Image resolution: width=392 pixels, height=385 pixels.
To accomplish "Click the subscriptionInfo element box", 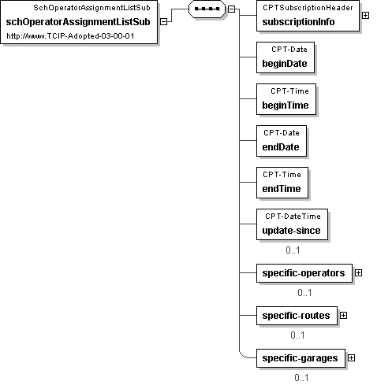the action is tap(308, 16).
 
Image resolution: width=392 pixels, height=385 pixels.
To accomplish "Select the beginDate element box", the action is tap(286, 57).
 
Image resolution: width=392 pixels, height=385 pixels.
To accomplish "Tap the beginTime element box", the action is tap(286, 99).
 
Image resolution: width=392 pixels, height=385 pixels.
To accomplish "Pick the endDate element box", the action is tap(282, 141).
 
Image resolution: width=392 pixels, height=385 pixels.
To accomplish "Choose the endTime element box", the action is tap(282, 183).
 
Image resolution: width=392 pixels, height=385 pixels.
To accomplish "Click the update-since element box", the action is tap(292, 224).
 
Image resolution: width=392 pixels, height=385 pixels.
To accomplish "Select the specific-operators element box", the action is tap(304, 273).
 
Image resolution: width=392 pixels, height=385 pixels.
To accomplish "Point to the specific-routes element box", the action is tap(297, 316).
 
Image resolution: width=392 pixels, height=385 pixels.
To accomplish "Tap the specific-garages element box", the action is tap(301, 358).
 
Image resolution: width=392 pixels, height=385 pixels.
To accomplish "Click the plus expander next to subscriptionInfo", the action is tap(365, 16).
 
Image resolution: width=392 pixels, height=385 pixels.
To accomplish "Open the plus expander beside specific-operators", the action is tap(358, 273).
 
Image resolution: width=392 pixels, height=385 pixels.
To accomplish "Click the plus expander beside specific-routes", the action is tap(343, 316).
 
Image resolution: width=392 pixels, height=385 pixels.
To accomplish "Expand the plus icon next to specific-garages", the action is tap(351, 358).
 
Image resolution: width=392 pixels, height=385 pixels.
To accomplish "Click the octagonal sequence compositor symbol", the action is tap(207, 9).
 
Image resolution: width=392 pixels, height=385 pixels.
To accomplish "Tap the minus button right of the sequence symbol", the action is tap(231, 9).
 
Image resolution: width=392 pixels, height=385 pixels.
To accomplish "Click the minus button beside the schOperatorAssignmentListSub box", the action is tap(163, 22).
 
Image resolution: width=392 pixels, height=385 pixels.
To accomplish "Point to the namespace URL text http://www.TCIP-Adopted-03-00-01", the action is tap(70, 36).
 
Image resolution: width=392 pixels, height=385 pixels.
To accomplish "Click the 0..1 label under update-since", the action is tap(293, 250).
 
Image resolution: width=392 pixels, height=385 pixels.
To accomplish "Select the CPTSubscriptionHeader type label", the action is tap(308, 8).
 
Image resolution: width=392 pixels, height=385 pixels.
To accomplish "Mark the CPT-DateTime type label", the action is tap(293, 217).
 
